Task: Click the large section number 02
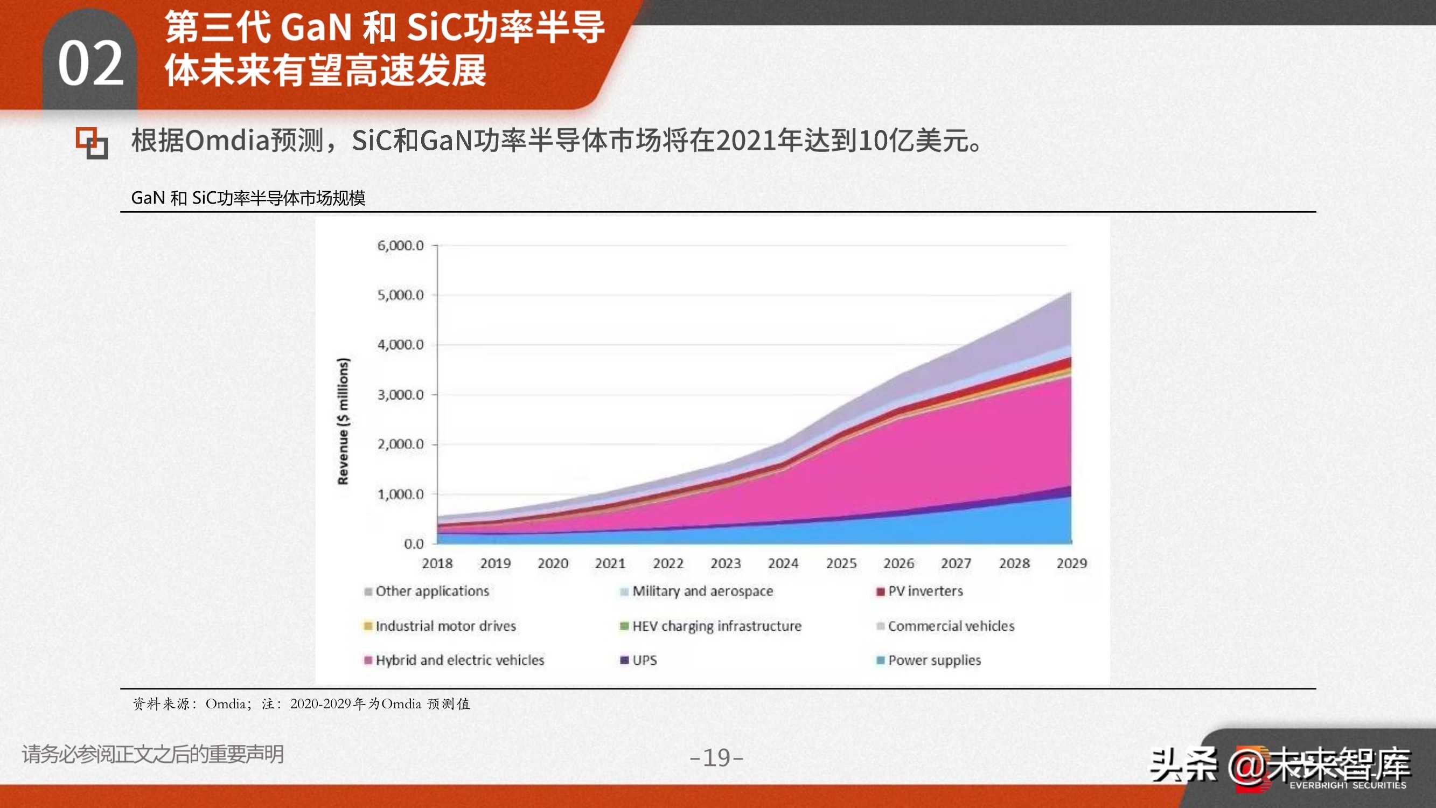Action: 91,64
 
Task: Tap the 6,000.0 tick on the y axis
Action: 400,245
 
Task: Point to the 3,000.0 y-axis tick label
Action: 400,395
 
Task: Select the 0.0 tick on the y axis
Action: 414,544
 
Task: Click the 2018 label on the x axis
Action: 437,563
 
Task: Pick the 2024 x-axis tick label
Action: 783,563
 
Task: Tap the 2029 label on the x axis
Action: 1071,563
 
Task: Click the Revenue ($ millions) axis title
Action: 343,421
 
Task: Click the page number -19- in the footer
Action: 716,757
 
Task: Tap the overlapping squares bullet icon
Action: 92,143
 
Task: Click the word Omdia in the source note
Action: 225,703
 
